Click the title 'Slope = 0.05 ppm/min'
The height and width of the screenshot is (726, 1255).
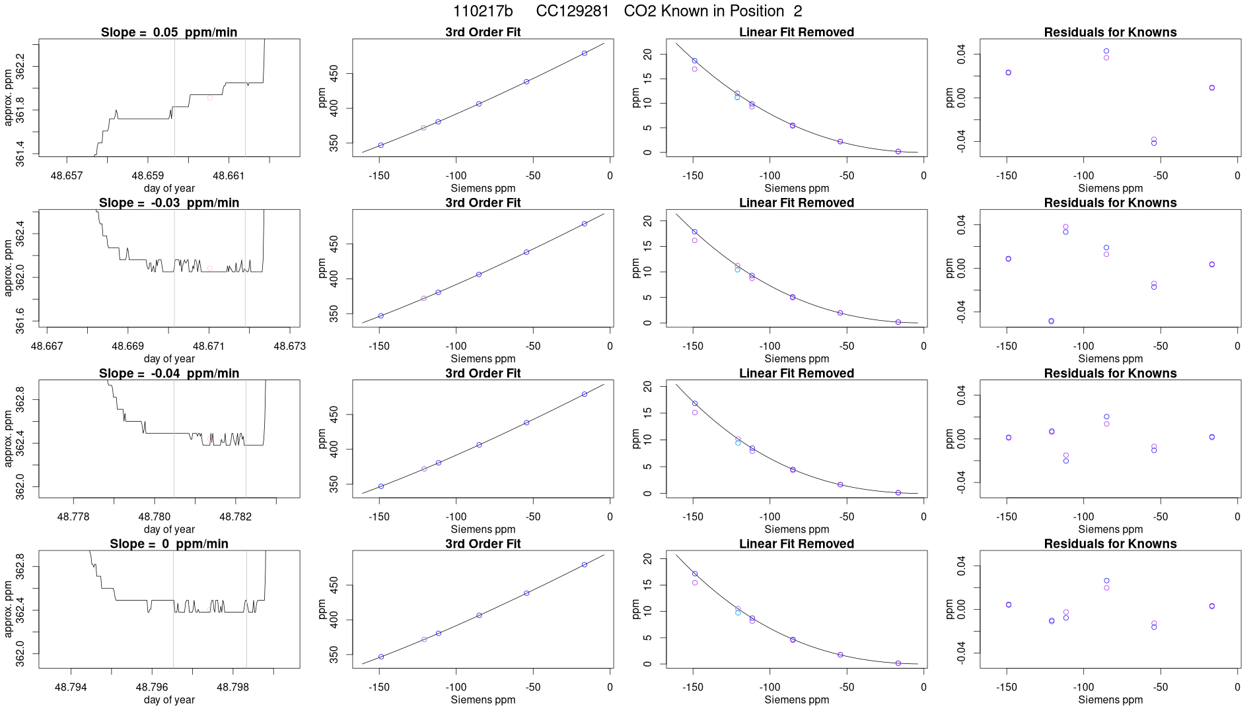pos(169,32)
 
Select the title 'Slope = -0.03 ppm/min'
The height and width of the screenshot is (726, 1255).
pos(169,203)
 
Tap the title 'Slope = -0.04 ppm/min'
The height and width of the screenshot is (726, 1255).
pos(169,374)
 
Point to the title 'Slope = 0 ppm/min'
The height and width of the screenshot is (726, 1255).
pos(169,544)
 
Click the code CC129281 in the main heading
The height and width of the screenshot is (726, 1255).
pos(572,11)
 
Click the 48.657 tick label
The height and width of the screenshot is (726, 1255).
pos(67,176)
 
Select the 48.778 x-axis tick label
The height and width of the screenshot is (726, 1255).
pos(73,517)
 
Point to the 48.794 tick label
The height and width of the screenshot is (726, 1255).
pos(71,687)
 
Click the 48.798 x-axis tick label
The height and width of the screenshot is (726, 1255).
pos(233,687)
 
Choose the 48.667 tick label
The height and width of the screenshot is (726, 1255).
pos(47,346)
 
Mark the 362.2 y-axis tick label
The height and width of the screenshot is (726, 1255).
pos(20,67)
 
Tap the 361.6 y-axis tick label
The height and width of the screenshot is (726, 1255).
pos(20,320)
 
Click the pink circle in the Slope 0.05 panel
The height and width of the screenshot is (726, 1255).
pos(210,98)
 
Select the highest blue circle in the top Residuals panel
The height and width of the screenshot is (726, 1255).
pos(1106,51)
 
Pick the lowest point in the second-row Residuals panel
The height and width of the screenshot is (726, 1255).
pos(1052,321)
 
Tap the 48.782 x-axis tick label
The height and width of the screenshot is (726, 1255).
pos(236,517)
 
